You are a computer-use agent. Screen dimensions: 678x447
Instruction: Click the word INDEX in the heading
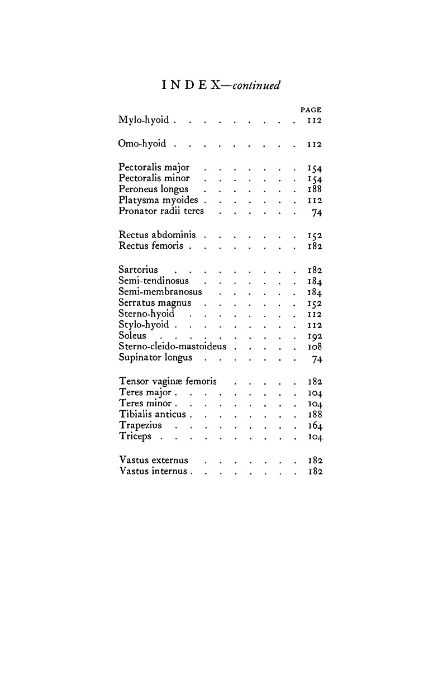pos(189,86)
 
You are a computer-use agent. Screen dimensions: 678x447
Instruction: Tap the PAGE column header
pos(311,110)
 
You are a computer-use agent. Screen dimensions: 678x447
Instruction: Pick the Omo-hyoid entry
pos(142,144)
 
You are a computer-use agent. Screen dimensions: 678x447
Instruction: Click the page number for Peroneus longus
pos(315,189)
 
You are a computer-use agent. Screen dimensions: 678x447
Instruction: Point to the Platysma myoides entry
pos(158,200)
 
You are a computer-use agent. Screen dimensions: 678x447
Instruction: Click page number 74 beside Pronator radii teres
pos(317,212)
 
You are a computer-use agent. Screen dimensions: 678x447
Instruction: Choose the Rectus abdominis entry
pos(157,235)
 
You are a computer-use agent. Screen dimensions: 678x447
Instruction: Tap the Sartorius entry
pos(138,270)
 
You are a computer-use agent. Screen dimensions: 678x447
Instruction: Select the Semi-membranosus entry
pos(160,292)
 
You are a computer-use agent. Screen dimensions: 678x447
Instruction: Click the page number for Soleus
pos(315,336)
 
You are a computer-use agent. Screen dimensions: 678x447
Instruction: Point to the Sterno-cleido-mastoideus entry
pos(172,347)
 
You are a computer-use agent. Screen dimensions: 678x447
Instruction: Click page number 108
pos(315,347)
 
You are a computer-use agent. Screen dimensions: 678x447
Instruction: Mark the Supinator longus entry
pos(155,358)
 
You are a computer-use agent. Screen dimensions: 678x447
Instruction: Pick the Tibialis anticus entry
pos(152,415)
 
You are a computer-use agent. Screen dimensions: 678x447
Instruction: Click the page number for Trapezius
pos(315,426)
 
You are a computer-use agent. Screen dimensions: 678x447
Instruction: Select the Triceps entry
pos(135,437)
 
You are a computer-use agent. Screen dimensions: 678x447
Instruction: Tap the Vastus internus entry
pos(153,471)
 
